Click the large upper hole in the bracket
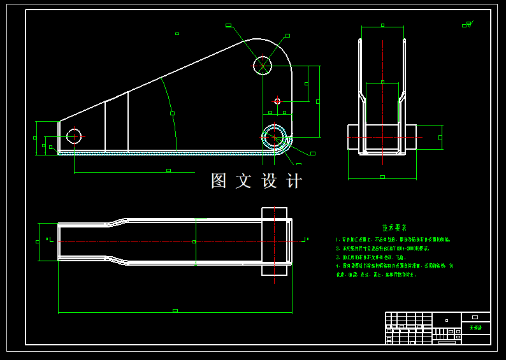263,65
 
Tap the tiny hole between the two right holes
277,101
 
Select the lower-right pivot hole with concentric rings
275,136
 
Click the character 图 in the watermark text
219,181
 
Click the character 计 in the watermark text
294,181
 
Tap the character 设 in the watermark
270,181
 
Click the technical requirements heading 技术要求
394,227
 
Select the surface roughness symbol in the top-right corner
468,25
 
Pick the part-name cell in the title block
476,328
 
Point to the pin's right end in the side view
411,137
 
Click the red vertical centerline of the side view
383,96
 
